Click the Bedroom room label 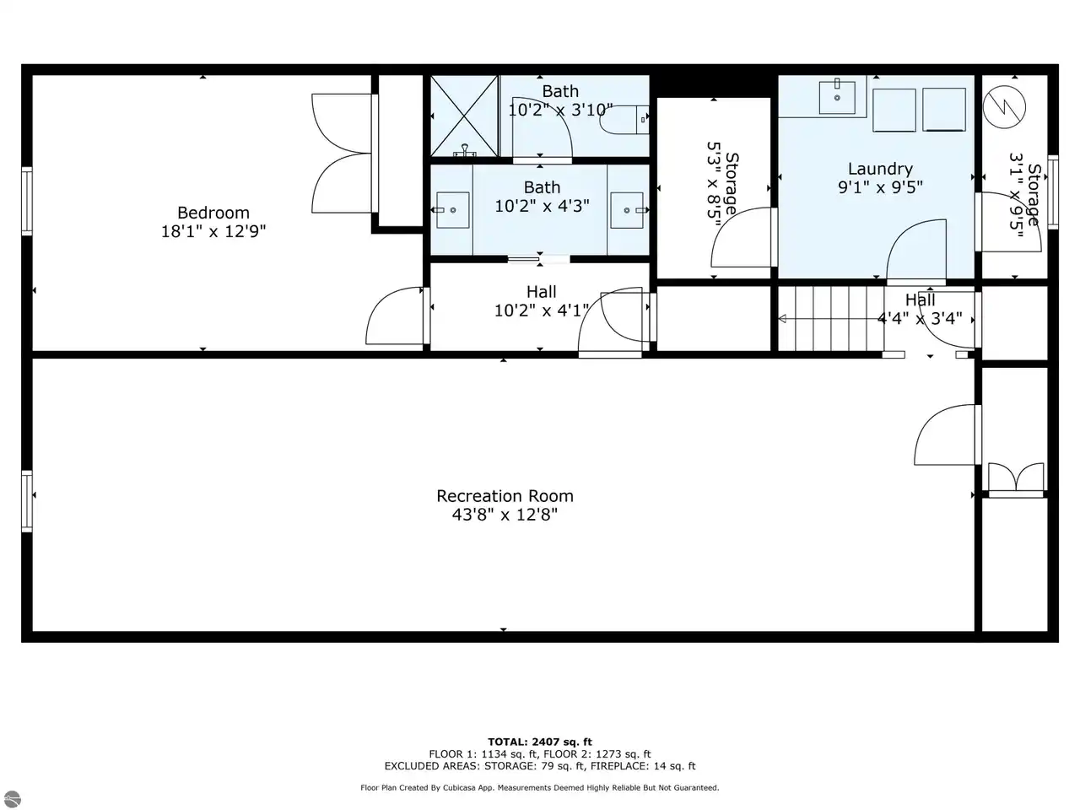click(x=213, y=213)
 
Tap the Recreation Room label click(x=505, y=496)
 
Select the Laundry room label click(x=880, y=169)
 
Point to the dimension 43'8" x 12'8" click(x=505, y=515)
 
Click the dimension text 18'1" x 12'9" click(x=213, y=231)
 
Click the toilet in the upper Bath click(x=624, y=120)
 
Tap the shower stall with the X click(x=464, y=116)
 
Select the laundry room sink click(x=837, y=97)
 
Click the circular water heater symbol click(x=1004, y=106)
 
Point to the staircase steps click(x=831, y=319)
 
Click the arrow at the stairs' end click(x=782, y=319)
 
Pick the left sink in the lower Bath click(x=452, y=210)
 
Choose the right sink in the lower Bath click(x=627, y=210)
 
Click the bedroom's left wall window click(x=27, y=201)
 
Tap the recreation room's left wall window click(x=27, y=501)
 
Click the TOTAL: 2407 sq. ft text click(x=540, y=742)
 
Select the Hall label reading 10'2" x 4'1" click(x=541, y=301)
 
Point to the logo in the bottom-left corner click(x=11, y=799)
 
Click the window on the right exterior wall click(x=1053, y=192)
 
